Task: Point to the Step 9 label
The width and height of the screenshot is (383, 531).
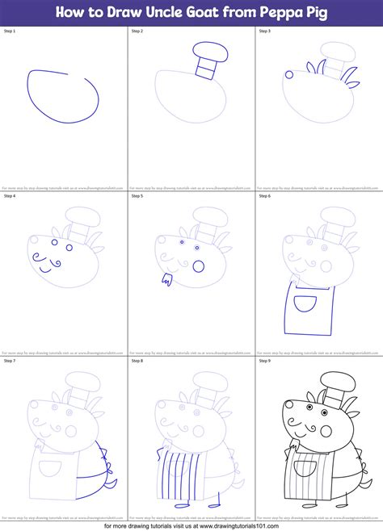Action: click(x=266, y=361)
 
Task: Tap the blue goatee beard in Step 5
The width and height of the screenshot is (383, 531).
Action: click(x=167, y=281)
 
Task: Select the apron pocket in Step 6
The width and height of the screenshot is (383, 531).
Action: click(x=303, y=303)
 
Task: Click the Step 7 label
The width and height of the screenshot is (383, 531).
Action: click(x=11, y=361)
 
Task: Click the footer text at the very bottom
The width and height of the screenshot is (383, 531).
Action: click(x=191, y=525)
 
